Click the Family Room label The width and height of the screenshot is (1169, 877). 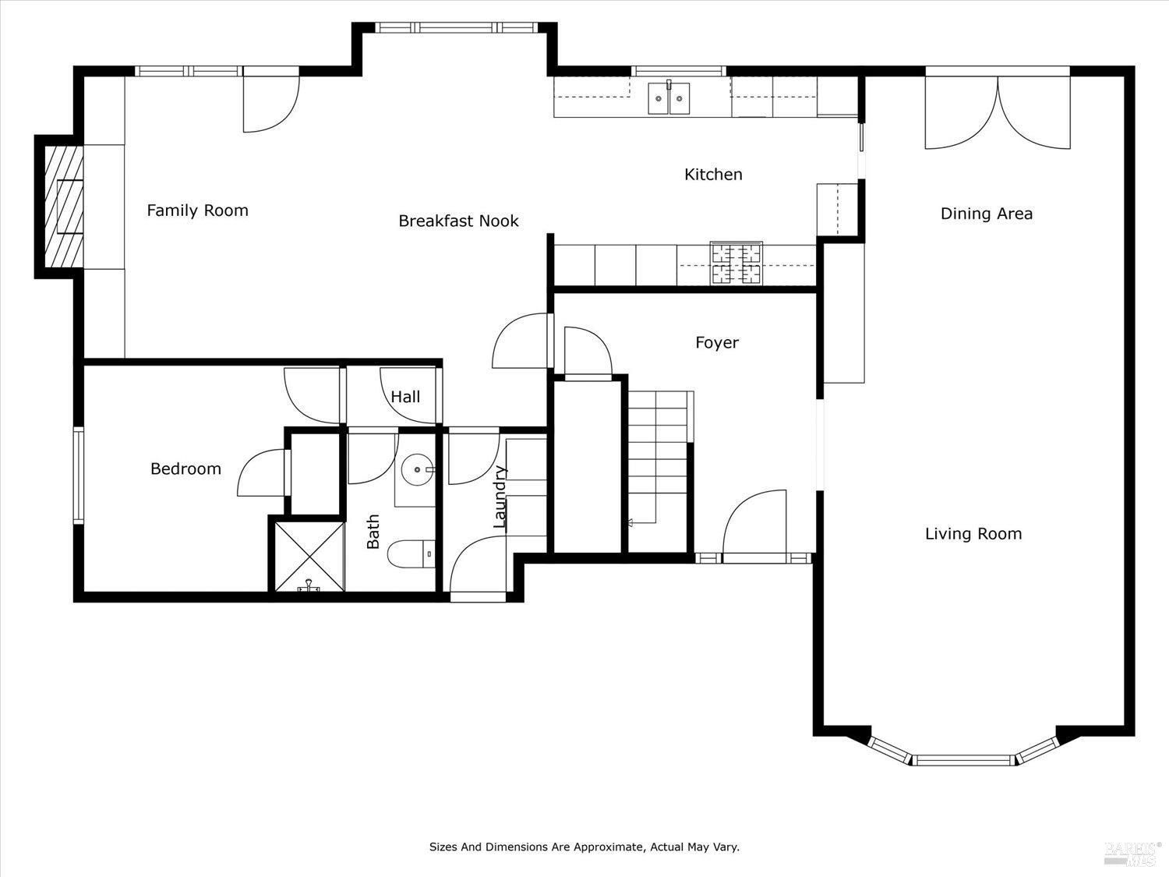click(198, 210)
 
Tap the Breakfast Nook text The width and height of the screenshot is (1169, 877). click(458, 221)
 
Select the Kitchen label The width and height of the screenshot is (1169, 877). click(713, 175)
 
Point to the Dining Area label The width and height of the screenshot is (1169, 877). click(987, 214)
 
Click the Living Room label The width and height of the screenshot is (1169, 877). click(973, 534)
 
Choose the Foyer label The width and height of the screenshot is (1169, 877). click(717, 343)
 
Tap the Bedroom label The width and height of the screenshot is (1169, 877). click(185, 469)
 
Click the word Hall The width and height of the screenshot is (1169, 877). click(405, 397)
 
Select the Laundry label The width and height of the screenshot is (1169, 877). click(500, 497)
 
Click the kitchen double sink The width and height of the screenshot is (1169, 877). click(669, 98)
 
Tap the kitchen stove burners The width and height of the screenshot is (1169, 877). click(736, 263)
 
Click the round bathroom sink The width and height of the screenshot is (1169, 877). click(418, 469)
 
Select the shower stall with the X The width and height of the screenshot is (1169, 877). click(309, 557)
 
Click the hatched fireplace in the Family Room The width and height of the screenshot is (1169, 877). click(63, 207)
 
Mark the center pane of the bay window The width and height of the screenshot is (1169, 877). click(963, 760)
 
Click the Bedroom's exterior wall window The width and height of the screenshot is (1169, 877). click(78, 476)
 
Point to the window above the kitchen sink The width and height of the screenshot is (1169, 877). click(679, 71)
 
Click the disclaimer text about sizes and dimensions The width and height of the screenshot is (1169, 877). click(584, 847)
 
